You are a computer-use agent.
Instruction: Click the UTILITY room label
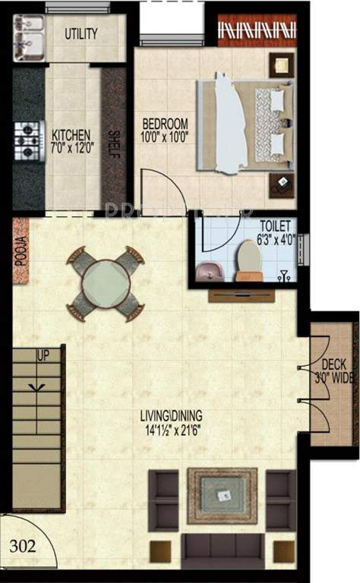tap(82, 34)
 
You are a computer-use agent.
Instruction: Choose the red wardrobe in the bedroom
tap(256, 30)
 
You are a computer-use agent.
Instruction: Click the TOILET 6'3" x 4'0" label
tap(273, 232)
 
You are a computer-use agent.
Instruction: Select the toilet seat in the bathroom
tap(249, 260)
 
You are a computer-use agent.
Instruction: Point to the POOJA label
tap(21, 251)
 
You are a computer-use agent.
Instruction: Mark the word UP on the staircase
tap(43, 355)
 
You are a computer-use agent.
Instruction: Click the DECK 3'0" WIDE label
tap(334, 371)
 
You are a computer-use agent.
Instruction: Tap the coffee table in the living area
tap(223, 495)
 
